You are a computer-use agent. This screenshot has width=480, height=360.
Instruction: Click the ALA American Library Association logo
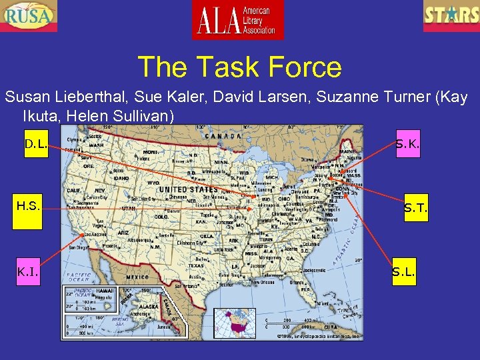tap(237, 19)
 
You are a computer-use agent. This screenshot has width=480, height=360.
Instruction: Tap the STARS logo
tap(451, 15)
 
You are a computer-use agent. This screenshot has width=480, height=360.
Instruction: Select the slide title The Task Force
tap(239, 67)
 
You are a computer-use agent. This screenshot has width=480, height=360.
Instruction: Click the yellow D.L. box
tap(36, 144)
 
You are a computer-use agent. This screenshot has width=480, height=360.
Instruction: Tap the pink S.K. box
tap(407, 144)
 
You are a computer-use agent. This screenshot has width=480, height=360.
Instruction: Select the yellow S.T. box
tap(415, 208)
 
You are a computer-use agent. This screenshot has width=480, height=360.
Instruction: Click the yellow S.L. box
tap(403, 271)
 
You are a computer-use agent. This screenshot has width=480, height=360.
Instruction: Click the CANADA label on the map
tap(223, 136)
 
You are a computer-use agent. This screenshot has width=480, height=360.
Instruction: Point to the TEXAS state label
tap(197, 265)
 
